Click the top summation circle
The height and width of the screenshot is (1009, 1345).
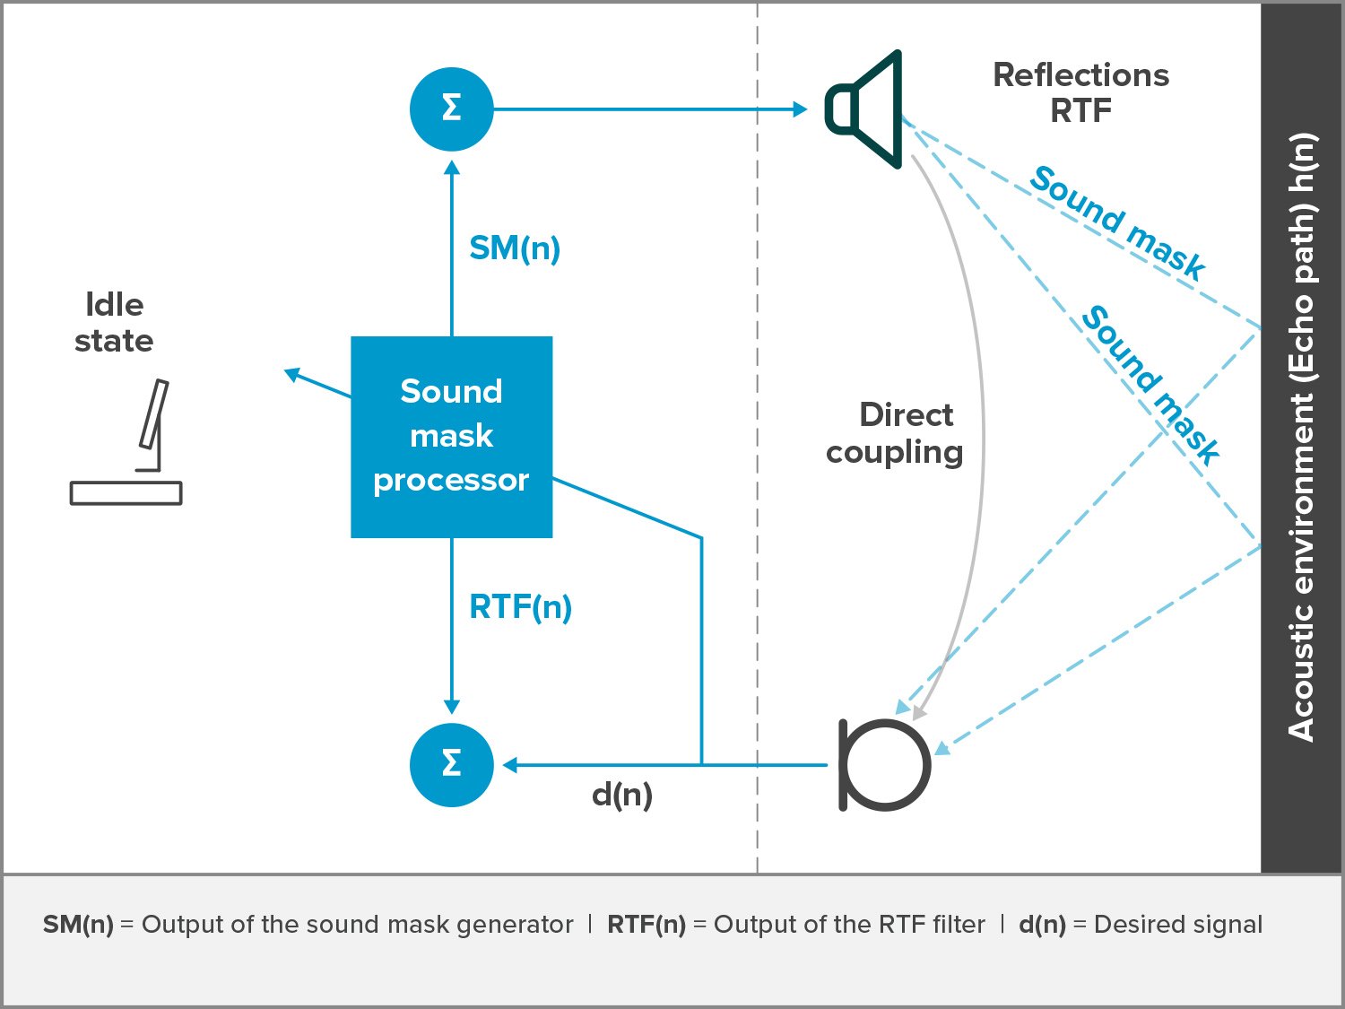coord(451,109)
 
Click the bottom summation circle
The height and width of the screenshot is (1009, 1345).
coord(451,764)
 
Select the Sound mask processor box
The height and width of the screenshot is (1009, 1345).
coord(451,437)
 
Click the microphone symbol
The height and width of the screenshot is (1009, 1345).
coord(884,764)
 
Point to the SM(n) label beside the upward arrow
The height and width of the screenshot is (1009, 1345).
coord(515,248)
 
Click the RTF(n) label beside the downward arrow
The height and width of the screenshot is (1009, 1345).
coord(520,607)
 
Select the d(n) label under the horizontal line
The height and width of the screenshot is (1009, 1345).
coord(622,795)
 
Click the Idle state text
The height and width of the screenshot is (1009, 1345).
coord(114,323)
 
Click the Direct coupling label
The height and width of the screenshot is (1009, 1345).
coord(895,433)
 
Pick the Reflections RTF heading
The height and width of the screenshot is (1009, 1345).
coord(1080,92)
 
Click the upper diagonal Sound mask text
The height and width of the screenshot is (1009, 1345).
coord(1117,222)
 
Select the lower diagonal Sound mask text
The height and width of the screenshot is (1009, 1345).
coord(1150,385)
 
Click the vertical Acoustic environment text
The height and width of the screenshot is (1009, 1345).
coord(1301,437)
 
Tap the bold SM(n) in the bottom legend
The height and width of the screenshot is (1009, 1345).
coord(78,925)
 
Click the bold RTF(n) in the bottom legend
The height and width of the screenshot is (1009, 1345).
coord(646,925)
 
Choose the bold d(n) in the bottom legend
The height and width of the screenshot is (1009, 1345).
coord(1042,925)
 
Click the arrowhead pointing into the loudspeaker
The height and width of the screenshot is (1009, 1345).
coord(801,109)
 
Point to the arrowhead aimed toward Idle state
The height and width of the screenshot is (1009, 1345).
coord(291,374)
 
